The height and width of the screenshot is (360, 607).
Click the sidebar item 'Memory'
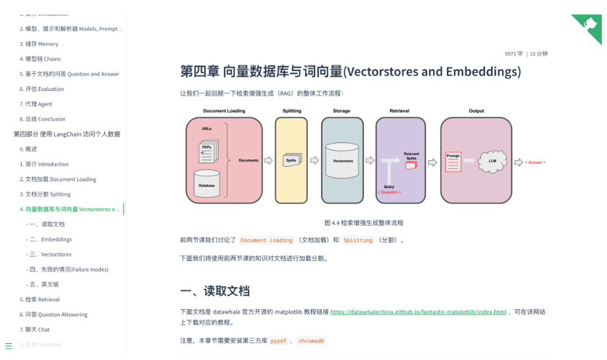click(x=39, y=44)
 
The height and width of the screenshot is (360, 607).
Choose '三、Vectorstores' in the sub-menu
click(x=49, y=255)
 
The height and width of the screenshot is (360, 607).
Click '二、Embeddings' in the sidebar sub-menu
click(x=49, y=239)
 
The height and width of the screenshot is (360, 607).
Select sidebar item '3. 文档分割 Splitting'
click(x=45, y=195)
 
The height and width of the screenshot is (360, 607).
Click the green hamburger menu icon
click(x=9, y=346)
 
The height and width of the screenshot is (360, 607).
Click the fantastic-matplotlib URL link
click(x=418, y=312)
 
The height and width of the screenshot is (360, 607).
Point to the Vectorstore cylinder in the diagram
click(x=341, y=160)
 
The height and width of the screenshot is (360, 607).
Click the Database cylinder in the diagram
click(x=206, y=185)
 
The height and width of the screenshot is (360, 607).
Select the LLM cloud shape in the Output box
click(x=492, y=160)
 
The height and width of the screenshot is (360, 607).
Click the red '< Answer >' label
click(x=535, y=162)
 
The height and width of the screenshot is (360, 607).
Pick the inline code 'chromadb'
click(x=311, y=341)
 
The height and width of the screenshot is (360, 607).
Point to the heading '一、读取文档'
click(x=215, y=291)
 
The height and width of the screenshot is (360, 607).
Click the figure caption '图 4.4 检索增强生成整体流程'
click(x=363, y=223)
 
